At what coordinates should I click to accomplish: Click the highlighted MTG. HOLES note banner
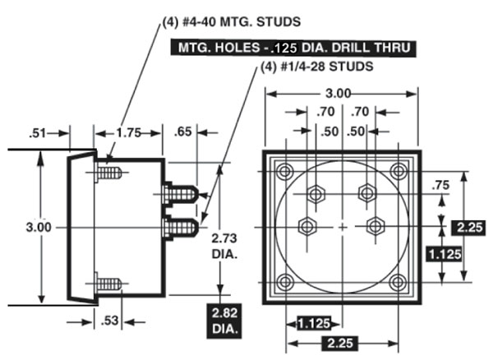point(293,48)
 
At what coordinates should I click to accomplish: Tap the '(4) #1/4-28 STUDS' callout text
point(319,67)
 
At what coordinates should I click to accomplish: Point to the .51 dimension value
point(38,131)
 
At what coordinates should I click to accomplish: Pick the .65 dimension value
point(184,131)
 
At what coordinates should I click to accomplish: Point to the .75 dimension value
point(441,186)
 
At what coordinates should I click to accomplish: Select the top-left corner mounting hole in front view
point(285,171)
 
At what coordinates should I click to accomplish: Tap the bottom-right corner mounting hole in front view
point(399,283)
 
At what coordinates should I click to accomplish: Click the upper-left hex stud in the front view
point(314,193)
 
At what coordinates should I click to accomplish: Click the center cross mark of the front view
point(343,226)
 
